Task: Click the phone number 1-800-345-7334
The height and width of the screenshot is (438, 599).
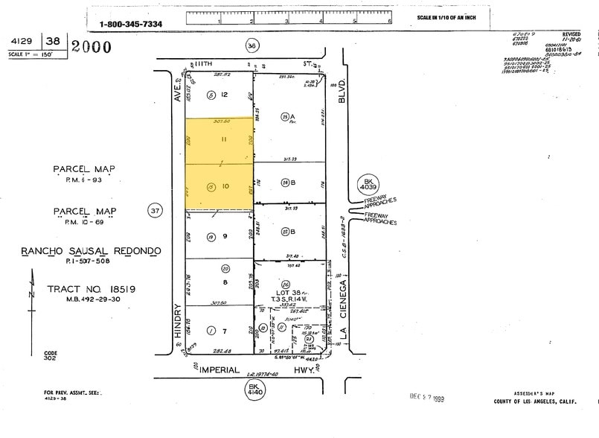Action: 131,24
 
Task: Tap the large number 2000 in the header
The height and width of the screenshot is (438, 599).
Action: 91,48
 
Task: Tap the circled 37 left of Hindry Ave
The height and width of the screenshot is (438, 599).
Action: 155,212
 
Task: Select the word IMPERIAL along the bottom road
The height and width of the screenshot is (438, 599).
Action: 218,369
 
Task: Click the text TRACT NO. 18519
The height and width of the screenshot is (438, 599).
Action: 83,289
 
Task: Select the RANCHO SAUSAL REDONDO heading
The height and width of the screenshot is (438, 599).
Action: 90,251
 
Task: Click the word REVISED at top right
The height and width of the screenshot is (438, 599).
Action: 571,34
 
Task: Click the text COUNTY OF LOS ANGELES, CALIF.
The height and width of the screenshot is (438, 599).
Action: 534,401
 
